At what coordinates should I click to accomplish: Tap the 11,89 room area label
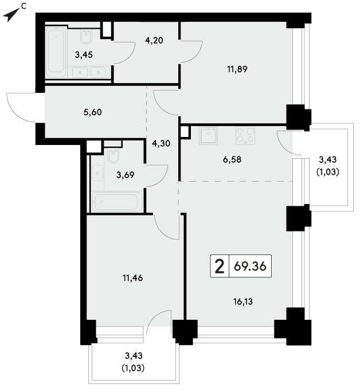[237, 69]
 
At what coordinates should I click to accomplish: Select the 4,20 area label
[154, 40]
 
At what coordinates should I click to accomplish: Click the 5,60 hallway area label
[92, 112]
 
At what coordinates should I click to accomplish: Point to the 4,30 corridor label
[161, 143]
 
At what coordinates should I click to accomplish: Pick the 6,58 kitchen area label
[232, 159]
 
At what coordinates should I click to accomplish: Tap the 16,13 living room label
[243, 302]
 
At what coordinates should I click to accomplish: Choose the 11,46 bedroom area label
[133, 278]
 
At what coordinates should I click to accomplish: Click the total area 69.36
[250, 266]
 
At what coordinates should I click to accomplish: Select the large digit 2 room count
[220, 266]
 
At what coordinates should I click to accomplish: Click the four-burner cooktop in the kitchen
[245, 135]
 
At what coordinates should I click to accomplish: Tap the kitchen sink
[208, 135]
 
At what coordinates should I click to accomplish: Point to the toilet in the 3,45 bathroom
[87, 37]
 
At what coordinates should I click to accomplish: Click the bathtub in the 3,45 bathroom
[57, 53]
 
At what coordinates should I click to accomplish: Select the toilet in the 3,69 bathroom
[113, 155]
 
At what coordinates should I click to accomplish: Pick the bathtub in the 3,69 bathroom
[116, 202]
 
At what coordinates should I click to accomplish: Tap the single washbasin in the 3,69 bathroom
[97, 173]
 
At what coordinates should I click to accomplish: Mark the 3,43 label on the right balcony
[328, 159]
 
